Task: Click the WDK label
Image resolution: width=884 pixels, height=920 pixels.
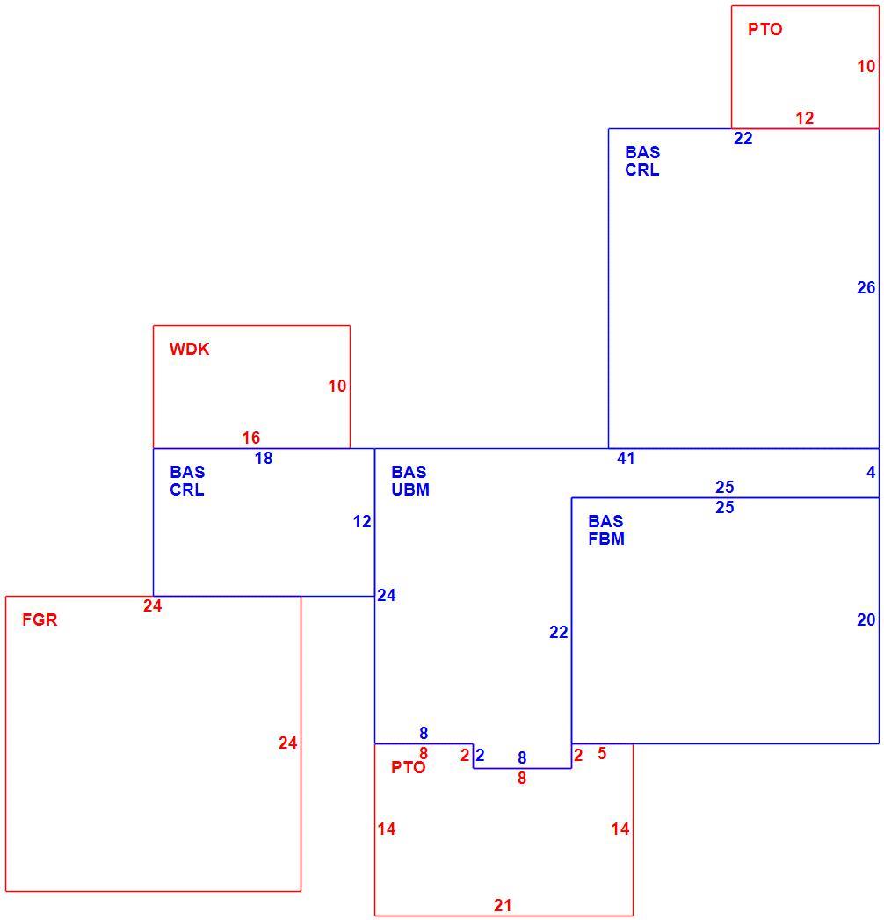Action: (x=189, y=349)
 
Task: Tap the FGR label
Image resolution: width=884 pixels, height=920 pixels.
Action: (x=40, y=619)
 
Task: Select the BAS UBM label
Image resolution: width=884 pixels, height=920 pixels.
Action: (x=410, y=481)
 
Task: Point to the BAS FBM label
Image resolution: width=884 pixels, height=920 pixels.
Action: (x=606, y=530)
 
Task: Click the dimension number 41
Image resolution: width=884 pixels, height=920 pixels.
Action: (x=626, y=458)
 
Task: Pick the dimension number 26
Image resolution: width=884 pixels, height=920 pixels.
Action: (x=866, y=287)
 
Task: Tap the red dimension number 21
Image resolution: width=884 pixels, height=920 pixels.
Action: (x=503, y=905)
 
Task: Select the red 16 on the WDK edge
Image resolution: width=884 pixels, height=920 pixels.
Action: (x=251, y=438)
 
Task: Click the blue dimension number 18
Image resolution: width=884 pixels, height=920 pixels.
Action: (x=264, y=458)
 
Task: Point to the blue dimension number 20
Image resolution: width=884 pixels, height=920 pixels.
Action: (x=866, y=619)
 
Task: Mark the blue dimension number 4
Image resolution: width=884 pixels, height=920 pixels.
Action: (x=871, y=473)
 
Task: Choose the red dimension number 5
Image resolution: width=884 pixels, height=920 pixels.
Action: (x=602, y=753)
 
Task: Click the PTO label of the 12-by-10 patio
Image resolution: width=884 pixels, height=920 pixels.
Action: (x=764, y=29)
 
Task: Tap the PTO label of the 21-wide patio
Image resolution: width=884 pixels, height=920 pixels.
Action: (x=409, y=767)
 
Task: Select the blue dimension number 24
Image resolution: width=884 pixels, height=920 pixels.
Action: (x=387, y=596)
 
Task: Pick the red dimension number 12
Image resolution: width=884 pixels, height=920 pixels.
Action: (x=805, y=118)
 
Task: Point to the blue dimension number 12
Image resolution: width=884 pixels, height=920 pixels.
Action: (x=362, y=522)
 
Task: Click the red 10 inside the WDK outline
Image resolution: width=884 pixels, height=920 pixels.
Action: (x=337, y=386)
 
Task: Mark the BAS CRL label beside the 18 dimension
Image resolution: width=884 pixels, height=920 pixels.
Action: (x=188, y=481)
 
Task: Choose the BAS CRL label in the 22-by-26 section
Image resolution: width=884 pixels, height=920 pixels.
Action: (x=643, y=161)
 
